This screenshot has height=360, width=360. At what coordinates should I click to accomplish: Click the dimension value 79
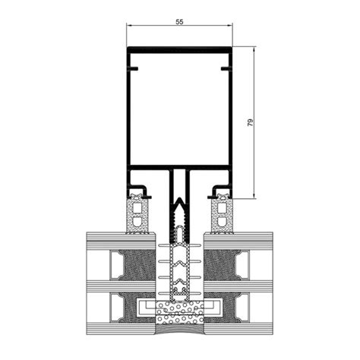[x=250, y=122]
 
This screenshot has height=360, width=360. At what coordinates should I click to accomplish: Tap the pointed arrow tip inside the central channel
[x=179, y=202]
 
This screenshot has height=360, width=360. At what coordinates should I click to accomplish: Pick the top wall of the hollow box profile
[x=179, y=50]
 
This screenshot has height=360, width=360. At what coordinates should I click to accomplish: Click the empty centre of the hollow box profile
[x=179, y=110]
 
